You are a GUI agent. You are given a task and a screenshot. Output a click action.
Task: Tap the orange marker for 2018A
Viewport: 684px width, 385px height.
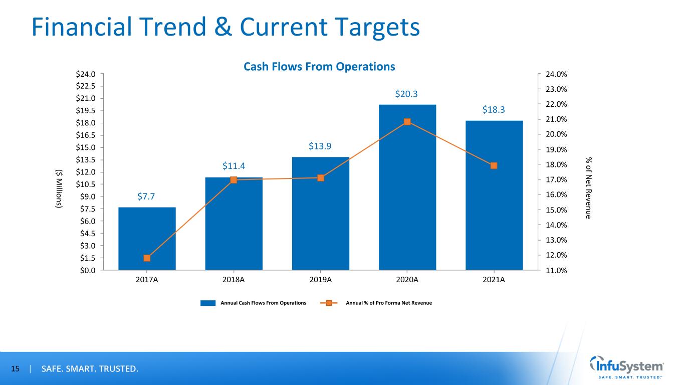coord(234,179)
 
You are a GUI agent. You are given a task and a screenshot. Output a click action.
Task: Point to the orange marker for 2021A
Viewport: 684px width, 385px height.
coord(494,165)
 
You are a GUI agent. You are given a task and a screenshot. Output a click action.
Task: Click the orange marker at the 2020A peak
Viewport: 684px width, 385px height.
coord(407,121)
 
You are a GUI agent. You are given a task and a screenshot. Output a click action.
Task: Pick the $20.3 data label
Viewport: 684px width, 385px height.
coord(407,94)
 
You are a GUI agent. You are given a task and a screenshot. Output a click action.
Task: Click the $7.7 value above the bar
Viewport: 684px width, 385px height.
coord(147,196)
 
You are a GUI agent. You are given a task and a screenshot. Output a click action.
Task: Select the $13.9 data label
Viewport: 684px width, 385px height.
coord(320,146)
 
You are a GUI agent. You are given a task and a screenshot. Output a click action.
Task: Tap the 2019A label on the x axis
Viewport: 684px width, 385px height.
coord(320,280)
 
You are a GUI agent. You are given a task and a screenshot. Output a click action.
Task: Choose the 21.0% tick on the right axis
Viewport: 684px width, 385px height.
coord(556,119)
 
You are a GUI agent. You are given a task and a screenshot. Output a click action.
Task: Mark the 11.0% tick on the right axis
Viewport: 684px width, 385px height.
coord(556,271)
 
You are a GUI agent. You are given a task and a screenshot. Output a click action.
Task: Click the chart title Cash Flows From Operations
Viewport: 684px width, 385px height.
coord(319,66)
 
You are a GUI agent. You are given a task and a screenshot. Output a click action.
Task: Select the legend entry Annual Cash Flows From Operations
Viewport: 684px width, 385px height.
coord(253,303)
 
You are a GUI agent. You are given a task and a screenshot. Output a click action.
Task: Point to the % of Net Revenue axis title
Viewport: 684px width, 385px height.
coord(589,187)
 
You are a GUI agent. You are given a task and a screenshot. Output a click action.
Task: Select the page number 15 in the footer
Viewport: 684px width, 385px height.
coord(15,369)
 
